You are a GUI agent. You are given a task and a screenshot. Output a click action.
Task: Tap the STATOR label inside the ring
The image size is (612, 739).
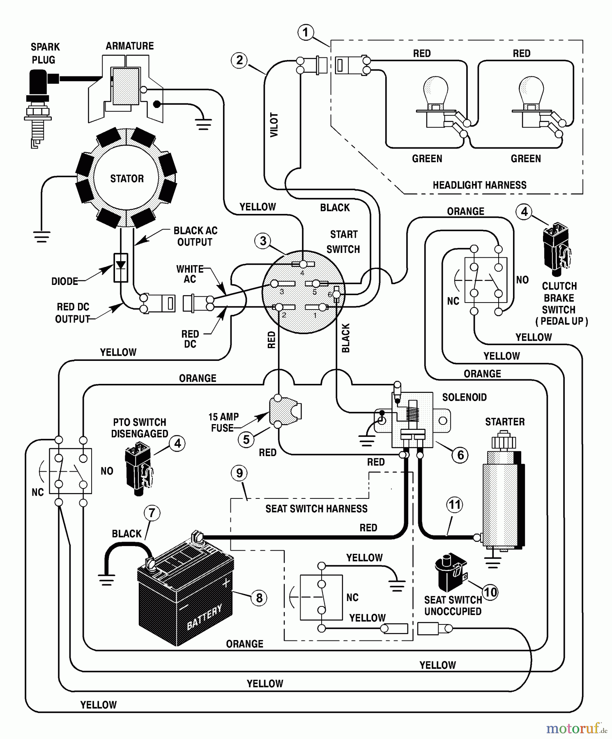tap(127, 179)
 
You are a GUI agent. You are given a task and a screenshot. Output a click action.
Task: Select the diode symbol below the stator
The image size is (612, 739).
tap(120, 267)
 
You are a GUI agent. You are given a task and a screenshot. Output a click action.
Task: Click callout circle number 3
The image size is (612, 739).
tap(263, 241)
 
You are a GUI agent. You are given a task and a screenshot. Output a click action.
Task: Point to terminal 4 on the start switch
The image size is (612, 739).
tap(303, 264)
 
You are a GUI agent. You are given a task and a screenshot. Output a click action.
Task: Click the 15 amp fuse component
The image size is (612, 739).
tap(283, 411)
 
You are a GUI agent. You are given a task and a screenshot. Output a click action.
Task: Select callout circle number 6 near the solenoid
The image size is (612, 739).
tap(460, 454)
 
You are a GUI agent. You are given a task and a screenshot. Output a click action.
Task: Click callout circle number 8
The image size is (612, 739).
tap(259, 598)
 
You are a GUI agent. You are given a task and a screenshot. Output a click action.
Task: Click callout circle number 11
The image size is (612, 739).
tap(454, 504)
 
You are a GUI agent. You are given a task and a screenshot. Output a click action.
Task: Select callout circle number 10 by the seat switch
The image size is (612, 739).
tap(490, 592)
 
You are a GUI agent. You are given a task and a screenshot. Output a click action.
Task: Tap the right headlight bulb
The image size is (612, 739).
tap(531, 92)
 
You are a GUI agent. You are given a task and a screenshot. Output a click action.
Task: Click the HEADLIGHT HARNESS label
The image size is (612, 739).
tap(479, 185)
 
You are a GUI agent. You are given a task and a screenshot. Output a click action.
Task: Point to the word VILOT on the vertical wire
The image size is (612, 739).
tap(274, 125)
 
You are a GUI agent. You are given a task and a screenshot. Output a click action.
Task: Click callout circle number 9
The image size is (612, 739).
tap(239, 473)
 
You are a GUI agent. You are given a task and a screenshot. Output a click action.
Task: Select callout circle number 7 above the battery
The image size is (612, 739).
tap(152, 512)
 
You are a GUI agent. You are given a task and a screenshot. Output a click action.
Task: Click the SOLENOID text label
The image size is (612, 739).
tap(464, 397)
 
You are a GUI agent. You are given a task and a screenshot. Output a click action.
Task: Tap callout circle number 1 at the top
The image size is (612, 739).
tap(305, 32)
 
